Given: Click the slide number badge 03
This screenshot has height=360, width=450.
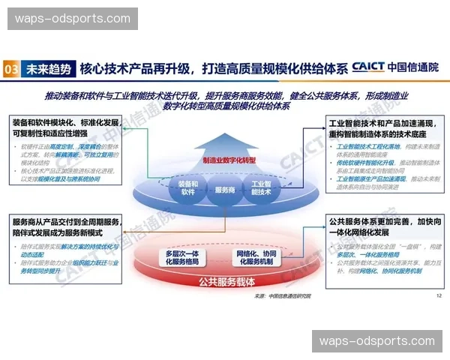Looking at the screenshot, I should click(11, 68).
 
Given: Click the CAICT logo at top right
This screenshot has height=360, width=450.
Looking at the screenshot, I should click(396, 67).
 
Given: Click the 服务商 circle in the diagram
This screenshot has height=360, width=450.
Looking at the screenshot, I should click(225, 190).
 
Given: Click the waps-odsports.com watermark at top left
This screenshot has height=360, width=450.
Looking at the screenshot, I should click(72, 18).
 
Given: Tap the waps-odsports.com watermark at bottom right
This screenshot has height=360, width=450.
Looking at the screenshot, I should click(377, 341).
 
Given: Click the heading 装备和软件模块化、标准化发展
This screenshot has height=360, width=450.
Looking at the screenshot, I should click(66, 121).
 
